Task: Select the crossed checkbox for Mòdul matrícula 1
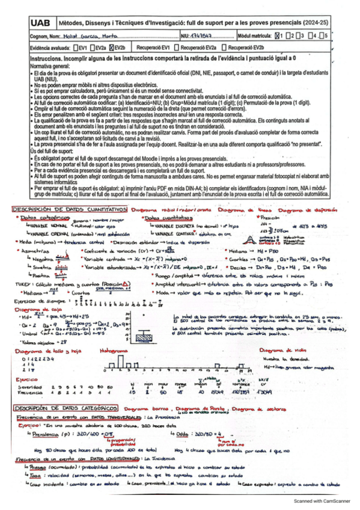[x=278, y=35]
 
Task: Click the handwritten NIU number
[x=209, y=36]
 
